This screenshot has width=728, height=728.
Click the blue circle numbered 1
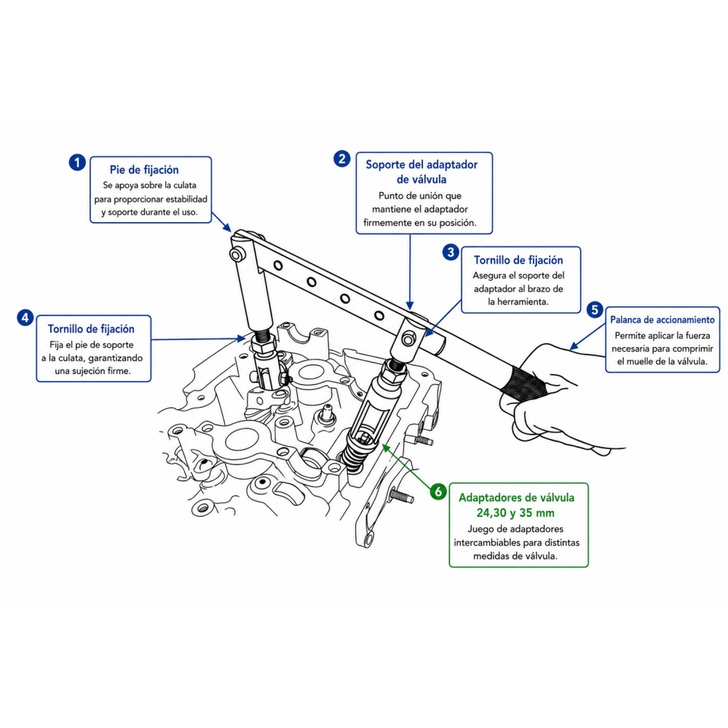[x=77, y=162]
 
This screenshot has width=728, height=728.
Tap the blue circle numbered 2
[x=341, y=159]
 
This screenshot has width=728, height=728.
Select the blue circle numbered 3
[x=451, y=252]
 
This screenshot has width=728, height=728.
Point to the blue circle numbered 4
[x=25, y=317]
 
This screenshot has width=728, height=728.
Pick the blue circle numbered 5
[x=595, y=309]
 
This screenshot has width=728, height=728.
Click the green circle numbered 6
[x=438, y=491]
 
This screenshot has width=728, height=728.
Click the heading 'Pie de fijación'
[x=144, y=170]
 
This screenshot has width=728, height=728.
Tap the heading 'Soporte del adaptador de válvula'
[x=422, y=172]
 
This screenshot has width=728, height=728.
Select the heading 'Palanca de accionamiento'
[x=662, y=320]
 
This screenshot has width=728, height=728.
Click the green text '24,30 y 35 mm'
[x=515, y=513]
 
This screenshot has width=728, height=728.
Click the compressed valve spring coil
[x=355, y=452]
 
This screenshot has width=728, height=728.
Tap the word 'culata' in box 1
[x=185, y=185]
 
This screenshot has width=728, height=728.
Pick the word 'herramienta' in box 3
[x=523, y=302]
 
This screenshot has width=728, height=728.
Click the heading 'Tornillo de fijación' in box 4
[x=91, y=329]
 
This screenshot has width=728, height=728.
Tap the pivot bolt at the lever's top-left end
[x=237, y=254]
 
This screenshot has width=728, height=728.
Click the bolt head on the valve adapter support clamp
[x=408, y=340]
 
